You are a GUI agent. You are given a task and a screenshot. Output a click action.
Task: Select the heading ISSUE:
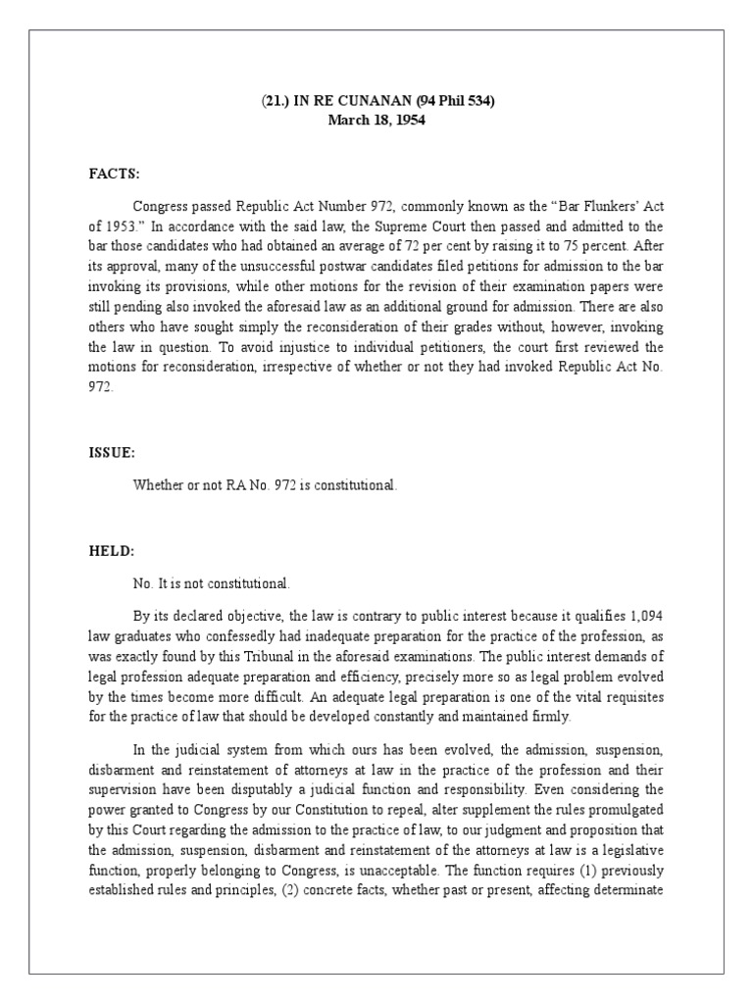[x=111, y=454]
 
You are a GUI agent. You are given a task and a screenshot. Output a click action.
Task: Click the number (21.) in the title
[x=278, y=100]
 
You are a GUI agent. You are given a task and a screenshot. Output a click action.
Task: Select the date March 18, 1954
[x=377, y=120]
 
